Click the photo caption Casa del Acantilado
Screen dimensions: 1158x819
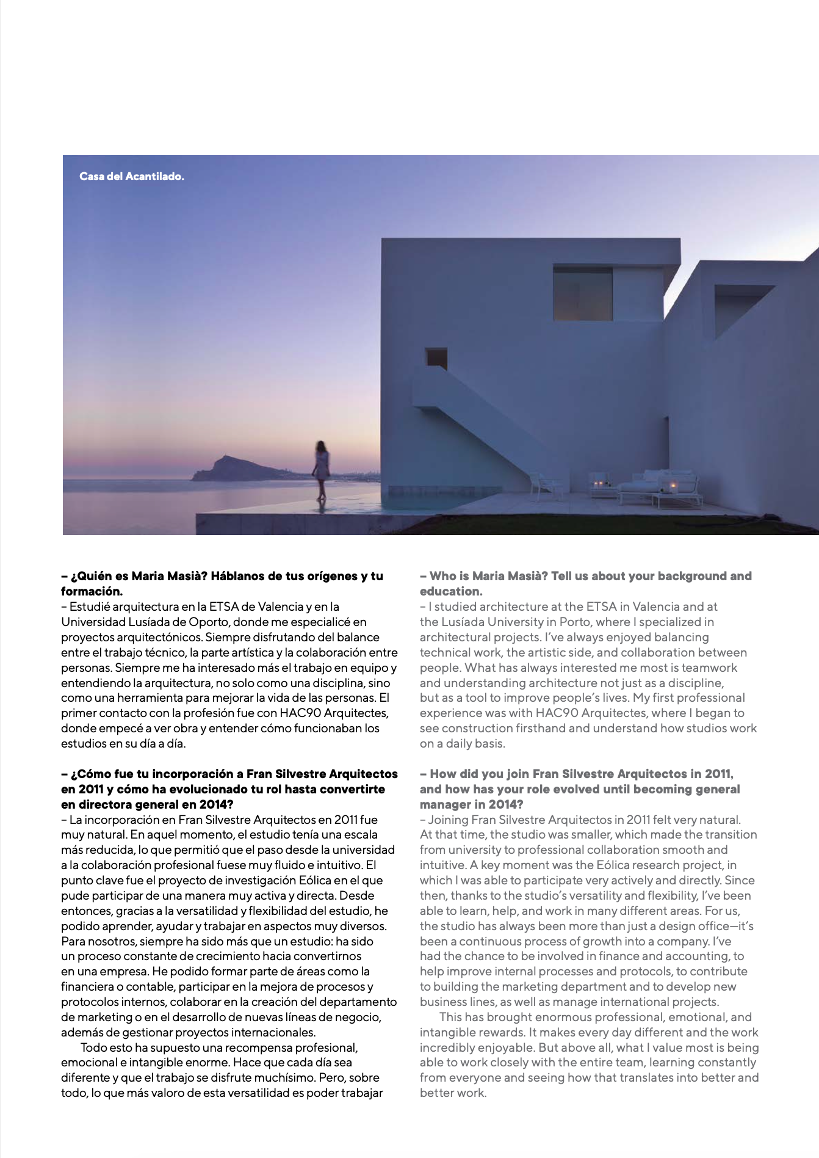[x=131, y=177]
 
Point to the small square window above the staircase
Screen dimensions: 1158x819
[x=436, y=358]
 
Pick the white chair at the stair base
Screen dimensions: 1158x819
[x=544, y=486]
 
